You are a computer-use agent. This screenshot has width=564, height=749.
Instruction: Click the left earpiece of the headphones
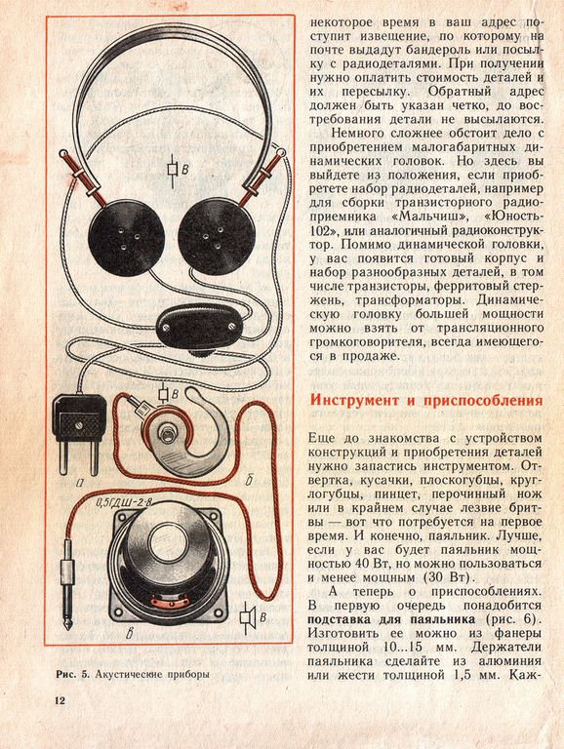click(x=127, y=238)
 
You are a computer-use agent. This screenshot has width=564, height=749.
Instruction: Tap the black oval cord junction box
click(x=199, y=327)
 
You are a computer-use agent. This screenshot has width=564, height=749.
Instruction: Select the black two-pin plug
click(x=79, y=433)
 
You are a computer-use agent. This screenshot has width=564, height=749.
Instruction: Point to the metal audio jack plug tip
click(x=68, y=622)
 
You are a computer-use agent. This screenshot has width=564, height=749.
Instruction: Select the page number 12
click(x=60, y=701)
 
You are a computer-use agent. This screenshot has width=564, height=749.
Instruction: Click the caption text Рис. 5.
click(x=73, y=675)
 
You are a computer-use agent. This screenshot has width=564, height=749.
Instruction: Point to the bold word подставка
click(x=340, y=619)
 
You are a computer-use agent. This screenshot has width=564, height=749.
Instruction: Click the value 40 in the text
click(x=364, y=563)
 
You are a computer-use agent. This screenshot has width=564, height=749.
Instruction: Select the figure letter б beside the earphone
click(x=249, y=480)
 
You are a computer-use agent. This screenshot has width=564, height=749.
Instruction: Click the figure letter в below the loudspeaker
click(x=129, y=634)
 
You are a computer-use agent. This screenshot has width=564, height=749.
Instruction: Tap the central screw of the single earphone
click(x=166, y=435)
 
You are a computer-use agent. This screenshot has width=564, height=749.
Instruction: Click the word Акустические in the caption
click(x=131, y=675)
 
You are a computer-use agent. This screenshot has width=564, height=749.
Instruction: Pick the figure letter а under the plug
click(x=80, y=485)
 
